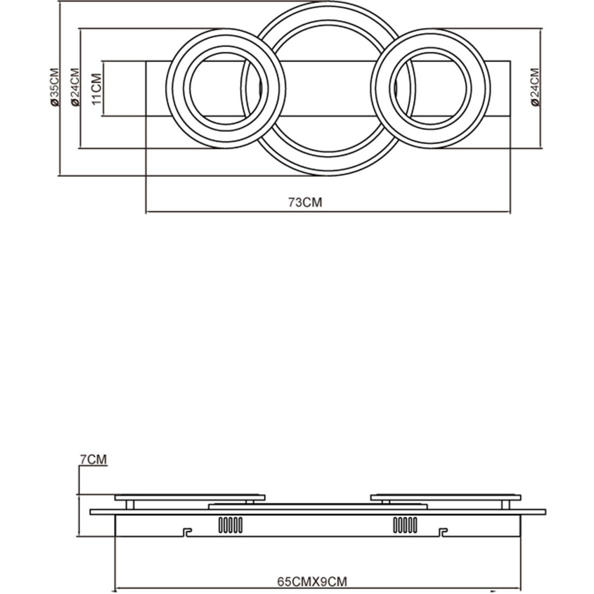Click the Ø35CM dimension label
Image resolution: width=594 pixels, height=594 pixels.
click(x=54, y=87)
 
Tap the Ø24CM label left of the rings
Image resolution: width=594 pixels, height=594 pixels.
click(x=75, y=87)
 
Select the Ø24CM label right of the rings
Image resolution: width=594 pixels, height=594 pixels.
click(x=536, y=87)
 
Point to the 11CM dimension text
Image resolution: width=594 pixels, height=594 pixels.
click(x=97, y=89)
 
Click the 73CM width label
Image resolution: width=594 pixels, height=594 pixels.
click(x=305, y=202)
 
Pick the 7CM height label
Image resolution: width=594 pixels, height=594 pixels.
click(x=94, y=468)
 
